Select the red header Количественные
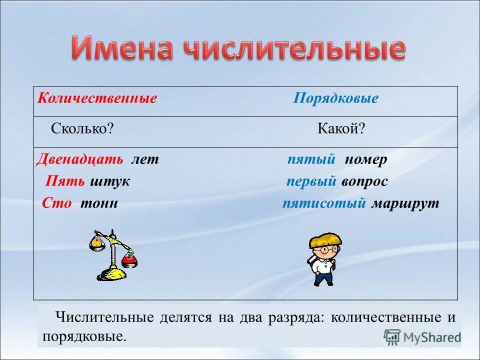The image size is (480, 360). [x=97, y=98]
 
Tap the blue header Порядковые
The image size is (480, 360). [x=335, y=98]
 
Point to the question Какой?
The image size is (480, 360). [x=341, y=128]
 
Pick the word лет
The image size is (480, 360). [x=144, y=159]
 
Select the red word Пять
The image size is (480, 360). [x=65, y=181]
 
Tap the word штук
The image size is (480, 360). [x=110, y=181]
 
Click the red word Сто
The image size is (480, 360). [x=56, y=203]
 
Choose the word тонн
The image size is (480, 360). [x=99, y=203]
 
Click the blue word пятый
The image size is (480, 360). [x=311, y=159]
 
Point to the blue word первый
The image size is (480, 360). [x=311, y=181]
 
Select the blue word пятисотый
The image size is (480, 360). [x=324, y=203]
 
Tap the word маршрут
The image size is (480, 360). [x=405, y=203]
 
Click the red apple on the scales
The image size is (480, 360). [x=129, y=258]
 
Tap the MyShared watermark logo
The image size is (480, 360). [x=422, y=337]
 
